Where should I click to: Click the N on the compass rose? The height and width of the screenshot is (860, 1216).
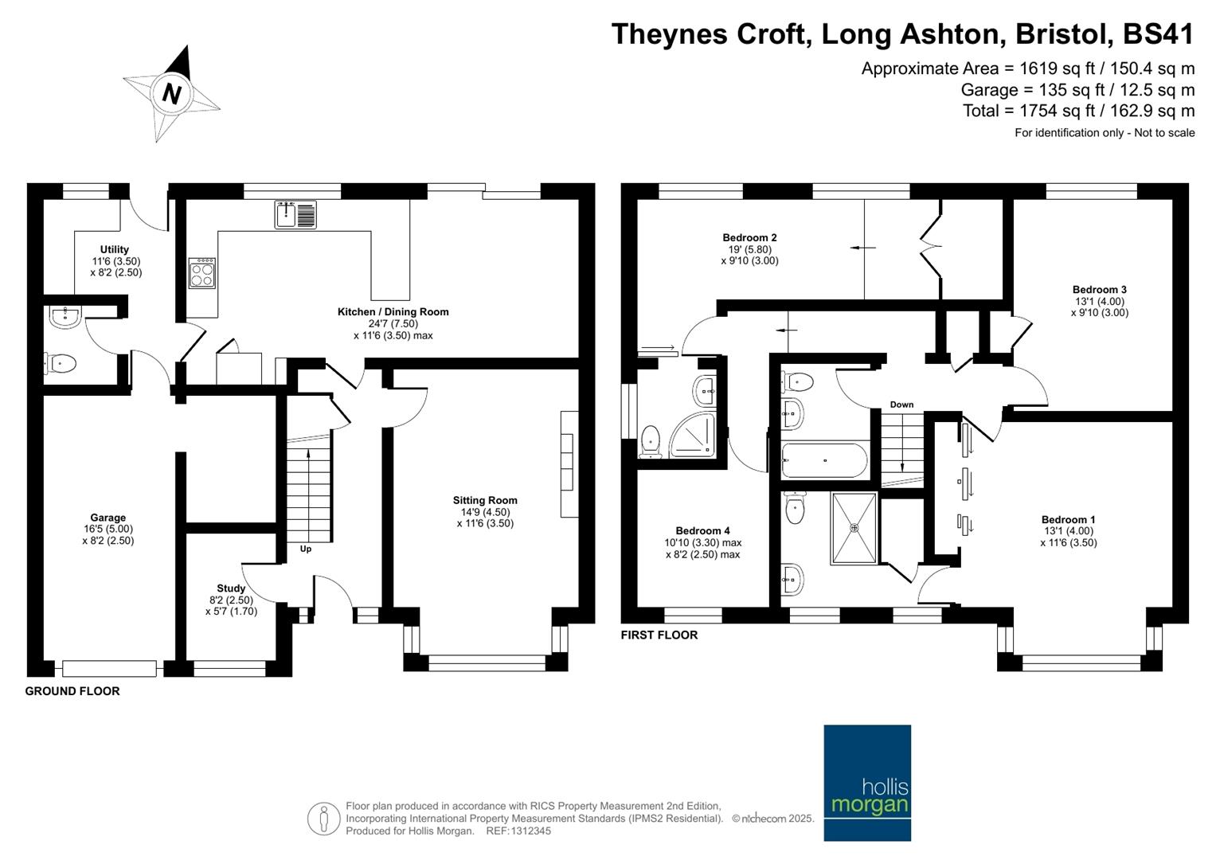click(x=172, y=94)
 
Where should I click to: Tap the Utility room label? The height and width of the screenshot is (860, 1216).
click(x=115, y=249)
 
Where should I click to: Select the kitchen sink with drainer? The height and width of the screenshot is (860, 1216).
click(x=295, y=214)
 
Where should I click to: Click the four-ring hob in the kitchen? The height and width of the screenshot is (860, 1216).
click(x=202, y=272)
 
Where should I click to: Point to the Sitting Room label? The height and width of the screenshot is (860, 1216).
click(x=485, y=500)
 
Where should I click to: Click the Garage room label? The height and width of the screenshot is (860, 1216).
click(x=108, y=518)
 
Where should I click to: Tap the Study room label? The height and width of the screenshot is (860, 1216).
click(x=231, y=588)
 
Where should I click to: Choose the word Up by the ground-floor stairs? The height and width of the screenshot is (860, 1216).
click(x=306, y=549)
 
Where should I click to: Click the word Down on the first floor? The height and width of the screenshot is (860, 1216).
click(x=901, y=405)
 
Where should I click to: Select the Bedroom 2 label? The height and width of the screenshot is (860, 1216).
click(x=749, y=237)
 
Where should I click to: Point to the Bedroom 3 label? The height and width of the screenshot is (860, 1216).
click(x=1099, y=289)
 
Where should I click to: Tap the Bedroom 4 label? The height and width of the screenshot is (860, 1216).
click(x=702, y=530)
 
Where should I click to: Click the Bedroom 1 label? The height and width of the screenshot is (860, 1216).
click(x=1069, y=519)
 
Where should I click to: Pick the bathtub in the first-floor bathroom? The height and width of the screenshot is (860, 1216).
click(x=824, y=460)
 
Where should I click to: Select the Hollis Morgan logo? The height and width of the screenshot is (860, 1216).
click(x=867, y=783)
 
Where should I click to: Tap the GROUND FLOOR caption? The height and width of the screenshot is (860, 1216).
click(x=72, y=691)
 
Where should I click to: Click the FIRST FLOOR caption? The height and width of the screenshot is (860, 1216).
click(x=659, y=635)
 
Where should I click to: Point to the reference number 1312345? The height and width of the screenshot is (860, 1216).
click(x=530, y=831)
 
